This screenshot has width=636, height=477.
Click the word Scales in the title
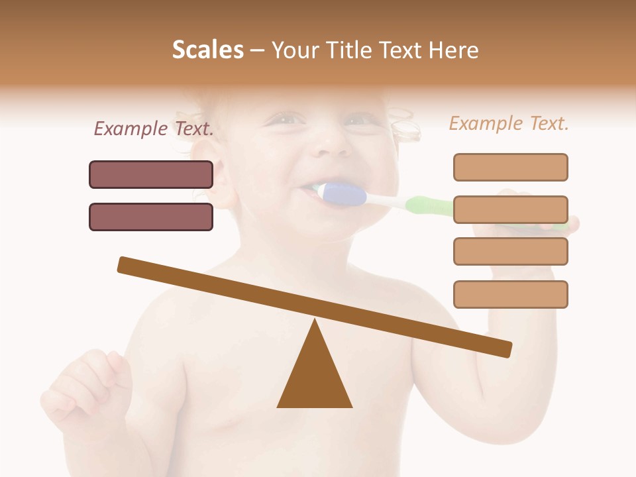tap(207, 50)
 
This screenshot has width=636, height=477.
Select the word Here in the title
tap(452, 50)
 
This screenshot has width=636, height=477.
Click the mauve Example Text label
tap(154, 129)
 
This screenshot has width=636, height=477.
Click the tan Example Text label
tap(509, 123)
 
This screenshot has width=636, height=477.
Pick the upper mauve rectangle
tap(151, 174)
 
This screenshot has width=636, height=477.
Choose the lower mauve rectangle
tap(151, 217)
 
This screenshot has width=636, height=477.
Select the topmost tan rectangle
tap(510, 167)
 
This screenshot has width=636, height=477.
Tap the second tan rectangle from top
tap(510, 209)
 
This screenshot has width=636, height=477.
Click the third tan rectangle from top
tap(510, 251)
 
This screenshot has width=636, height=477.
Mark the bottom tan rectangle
tap(510, 294)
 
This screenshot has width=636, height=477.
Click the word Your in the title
tap(292, 50)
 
